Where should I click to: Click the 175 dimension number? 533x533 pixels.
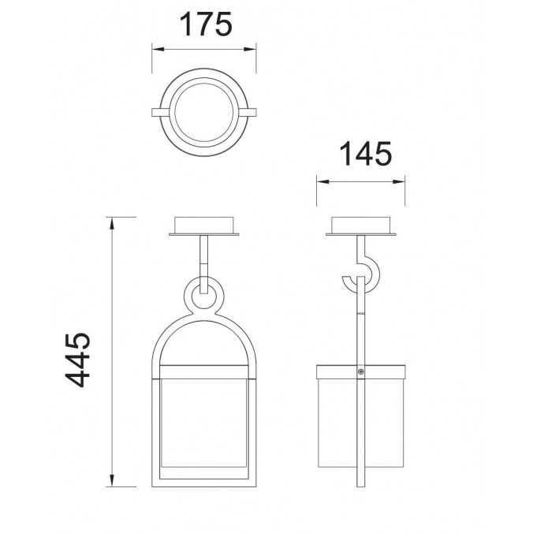click(x=205, y=24)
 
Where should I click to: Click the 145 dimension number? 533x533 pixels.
click(x=365, y=154)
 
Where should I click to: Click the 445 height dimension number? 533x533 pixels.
click(x=78, y=360)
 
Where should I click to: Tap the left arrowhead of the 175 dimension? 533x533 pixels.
click(x=158, y=50)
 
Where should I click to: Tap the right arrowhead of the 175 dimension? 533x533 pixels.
click(x=250, y=50)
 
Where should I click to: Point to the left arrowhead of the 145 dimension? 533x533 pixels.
click(x=323, y=182)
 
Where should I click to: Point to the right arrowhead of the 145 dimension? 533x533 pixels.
click(x=399, y=182)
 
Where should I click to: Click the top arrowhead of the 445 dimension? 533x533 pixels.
click(x=111, y=223)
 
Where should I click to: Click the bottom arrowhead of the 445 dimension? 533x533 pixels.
click(x=111, y=480)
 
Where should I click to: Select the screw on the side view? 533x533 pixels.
click(x=360, y=372)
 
